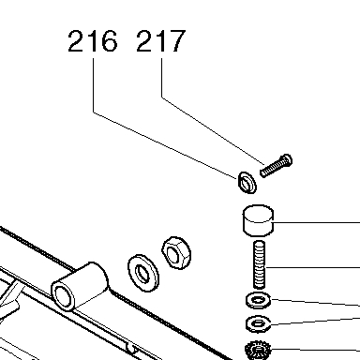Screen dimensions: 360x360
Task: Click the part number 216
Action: [93, 40]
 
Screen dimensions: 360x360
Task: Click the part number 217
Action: [161, 40]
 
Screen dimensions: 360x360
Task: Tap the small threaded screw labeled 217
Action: [276, 166]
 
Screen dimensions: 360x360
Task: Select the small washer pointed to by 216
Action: [247, 182]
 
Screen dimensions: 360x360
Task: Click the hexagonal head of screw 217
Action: [287, 160]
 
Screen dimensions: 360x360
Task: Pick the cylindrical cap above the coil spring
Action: [258, 220]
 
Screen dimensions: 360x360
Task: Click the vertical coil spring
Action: [259, 264]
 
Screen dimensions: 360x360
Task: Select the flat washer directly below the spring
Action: [258, 300]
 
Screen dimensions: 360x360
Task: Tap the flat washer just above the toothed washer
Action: [258, 323]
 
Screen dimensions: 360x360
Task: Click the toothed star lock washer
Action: [258, 350]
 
